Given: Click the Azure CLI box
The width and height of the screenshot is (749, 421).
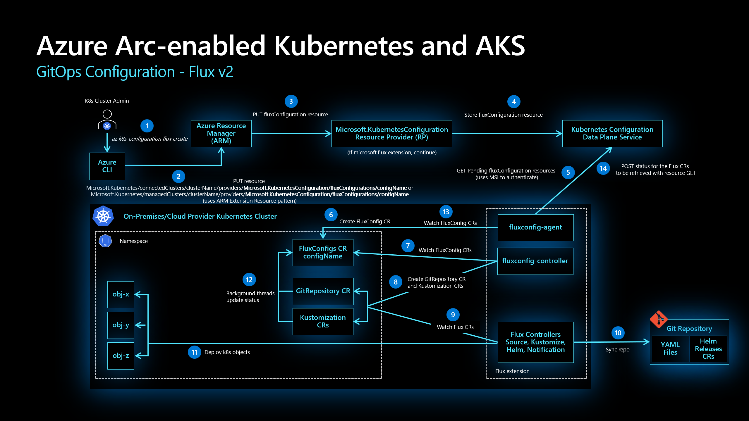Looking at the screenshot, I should pos(107,166).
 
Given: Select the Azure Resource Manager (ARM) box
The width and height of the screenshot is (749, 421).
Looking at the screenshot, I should pos(221,133).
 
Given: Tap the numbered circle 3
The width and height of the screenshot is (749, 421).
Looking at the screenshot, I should pos(291,101).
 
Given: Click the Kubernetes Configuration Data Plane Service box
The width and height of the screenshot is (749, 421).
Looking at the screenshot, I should pos(612,133).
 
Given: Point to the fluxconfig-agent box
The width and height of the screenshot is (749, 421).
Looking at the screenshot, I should pos(535,227).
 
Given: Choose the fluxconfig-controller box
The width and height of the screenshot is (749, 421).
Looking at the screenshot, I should pos(535,261).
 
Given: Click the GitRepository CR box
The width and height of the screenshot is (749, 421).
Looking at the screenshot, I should pos(323,291).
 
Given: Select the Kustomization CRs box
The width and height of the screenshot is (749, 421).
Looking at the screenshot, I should pos(323,321).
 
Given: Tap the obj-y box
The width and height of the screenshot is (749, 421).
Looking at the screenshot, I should pos(121,325).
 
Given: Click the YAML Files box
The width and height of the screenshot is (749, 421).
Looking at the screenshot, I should pos(670,348).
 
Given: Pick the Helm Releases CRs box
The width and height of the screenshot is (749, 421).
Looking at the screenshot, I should pos(708,348).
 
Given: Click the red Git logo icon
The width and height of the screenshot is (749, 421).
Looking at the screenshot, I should pos(659,319).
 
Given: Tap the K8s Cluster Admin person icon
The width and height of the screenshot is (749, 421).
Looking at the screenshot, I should pos(107,120).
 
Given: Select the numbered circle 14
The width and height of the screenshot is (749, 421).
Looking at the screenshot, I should pos(603,168).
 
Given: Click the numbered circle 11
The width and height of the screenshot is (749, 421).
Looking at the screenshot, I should pos(194,352).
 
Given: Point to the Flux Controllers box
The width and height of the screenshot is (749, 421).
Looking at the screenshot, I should pos(535,342).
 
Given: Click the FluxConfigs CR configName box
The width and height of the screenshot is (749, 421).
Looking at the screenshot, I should pos(323,252).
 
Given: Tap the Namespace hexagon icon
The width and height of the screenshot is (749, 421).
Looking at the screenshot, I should pos(105,241).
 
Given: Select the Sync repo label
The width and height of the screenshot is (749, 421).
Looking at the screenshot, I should pos(617,350).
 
